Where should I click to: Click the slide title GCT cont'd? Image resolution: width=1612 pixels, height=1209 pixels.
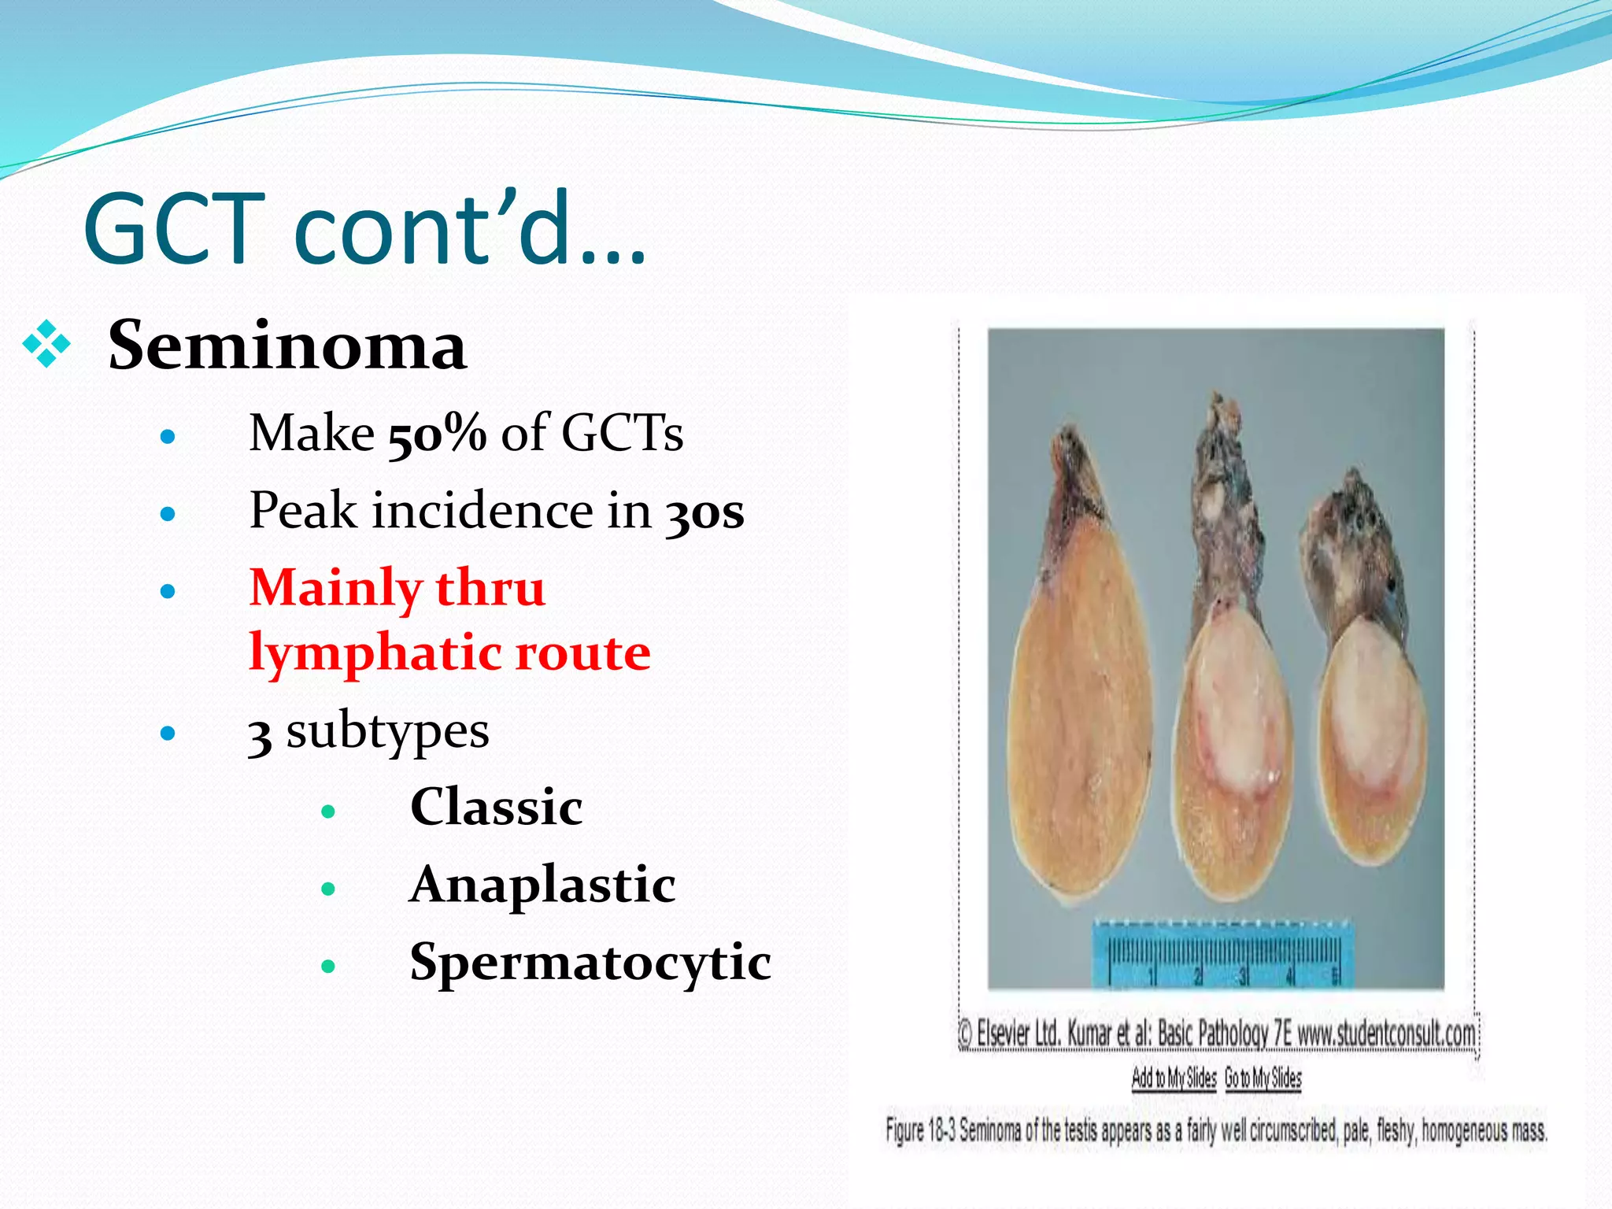[364, 229]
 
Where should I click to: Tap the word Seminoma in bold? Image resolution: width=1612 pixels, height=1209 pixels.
[287, 346]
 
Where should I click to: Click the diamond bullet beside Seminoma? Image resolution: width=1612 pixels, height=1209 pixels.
[46, 344]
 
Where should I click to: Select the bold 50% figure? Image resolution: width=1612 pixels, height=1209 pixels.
[437, 434]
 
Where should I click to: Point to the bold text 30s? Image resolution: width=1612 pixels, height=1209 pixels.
[704, 512]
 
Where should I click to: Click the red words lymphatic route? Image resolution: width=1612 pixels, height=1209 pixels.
[449, 653]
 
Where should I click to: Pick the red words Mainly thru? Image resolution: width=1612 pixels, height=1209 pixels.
[397, 588]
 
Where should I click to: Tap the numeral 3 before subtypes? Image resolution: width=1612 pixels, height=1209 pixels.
[260, 734]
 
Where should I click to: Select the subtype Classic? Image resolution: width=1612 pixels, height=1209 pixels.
[496, 807]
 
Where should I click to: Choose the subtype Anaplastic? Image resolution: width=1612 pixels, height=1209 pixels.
[542, 885]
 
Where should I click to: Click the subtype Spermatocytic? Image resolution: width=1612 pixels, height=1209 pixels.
[590, 962]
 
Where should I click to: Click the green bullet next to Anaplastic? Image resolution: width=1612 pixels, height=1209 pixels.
[328, 889]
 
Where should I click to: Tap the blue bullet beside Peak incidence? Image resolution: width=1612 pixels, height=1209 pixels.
[167, 515]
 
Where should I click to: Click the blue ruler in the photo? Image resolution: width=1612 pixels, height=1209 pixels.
[1222, 954]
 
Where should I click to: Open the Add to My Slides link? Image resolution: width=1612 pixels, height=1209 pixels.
[1174, 1078]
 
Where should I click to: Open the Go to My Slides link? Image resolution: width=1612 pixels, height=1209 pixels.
[1263, 1078]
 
